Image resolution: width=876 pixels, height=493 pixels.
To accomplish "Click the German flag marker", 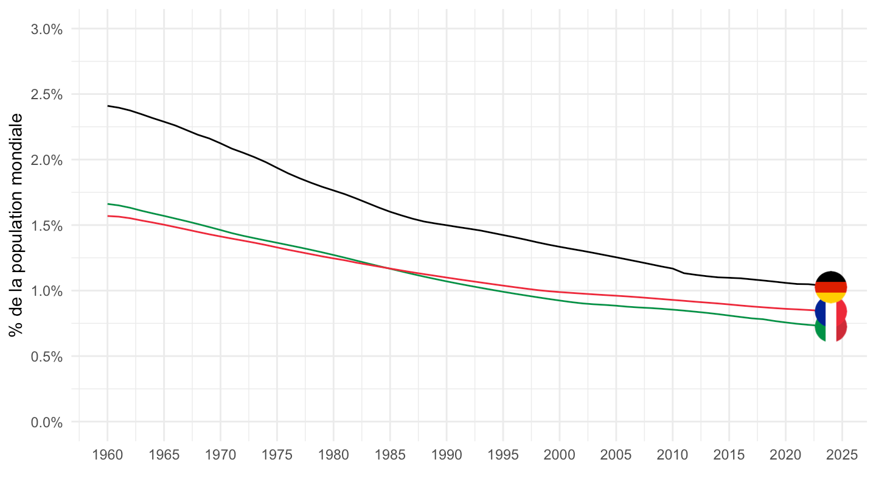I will [830, 287].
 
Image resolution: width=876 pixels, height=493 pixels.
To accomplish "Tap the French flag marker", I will [830, 310].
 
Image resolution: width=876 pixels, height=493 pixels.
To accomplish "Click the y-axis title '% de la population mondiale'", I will [16, 225].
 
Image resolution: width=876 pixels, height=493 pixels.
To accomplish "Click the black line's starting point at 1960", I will [108, 106].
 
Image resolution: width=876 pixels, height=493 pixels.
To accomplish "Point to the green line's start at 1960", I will [108, 204].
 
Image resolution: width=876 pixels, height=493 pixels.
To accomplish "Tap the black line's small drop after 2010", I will [679, 271].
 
